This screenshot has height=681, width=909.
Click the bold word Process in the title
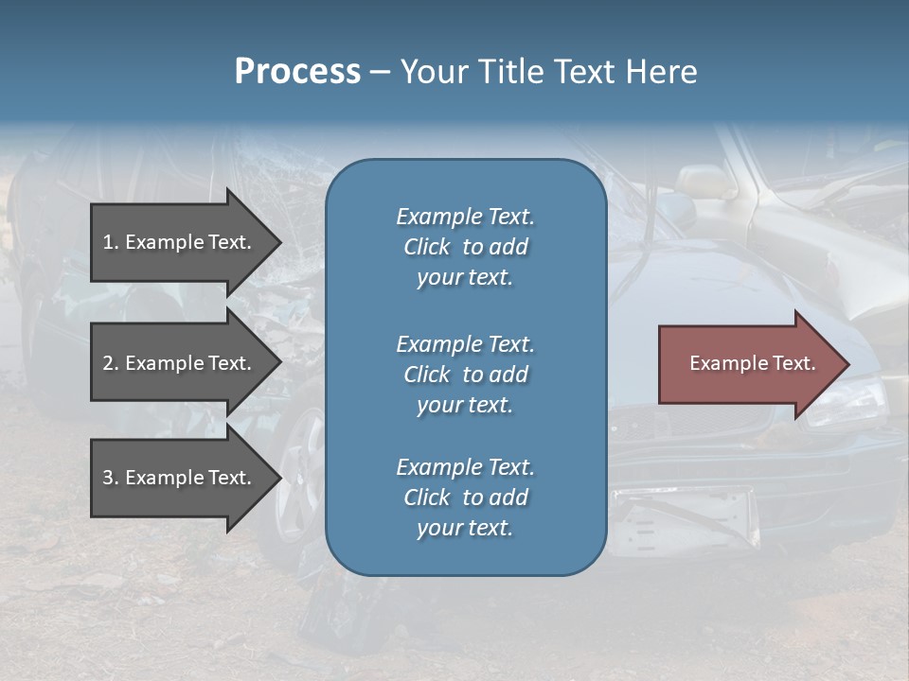click(x=297, y=72)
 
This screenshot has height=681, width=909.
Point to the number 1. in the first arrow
click(x=111, y=242)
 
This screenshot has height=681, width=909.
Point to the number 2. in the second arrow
click(x=111, y=363)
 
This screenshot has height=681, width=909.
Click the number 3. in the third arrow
click(x=111, y=478)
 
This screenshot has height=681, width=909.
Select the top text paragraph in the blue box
click(x=465, y=247)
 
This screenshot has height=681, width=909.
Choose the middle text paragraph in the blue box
click(x=465, y=374)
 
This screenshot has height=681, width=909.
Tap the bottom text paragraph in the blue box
click(x=465, y=498)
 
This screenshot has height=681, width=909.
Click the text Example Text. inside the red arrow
click(x=753, y=363)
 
